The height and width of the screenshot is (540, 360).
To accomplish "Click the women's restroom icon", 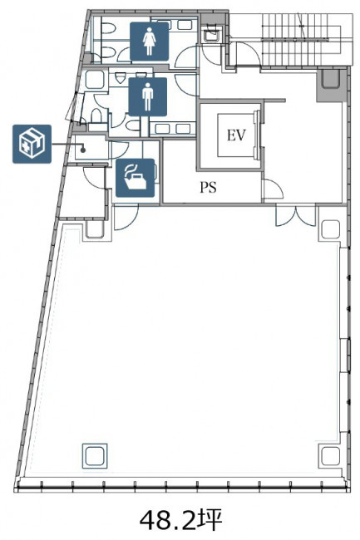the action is [149, 42].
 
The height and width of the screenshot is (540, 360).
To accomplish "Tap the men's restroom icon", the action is [147, 96].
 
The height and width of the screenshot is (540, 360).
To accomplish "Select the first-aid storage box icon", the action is [32, 144].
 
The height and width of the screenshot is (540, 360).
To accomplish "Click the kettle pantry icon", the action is [135, 178].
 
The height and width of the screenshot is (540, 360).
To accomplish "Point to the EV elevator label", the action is [236, 135].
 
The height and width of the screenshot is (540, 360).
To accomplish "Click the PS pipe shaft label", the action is [209, 188].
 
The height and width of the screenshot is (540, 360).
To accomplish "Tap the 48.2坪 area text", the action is [181, 520].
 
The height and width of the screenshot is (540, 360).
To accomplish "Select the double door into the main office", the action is [296, 216].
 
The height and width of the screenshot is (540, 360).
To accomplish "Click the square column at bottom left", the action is [95, 456].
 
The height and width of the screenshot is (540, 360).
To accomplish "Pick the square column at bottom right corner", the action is [331, 455].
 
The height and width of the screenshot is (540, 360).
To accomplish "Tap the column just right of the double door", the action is [331, 230].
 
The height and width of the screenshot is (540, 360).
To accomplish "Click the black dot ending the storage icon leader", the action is [82, 150].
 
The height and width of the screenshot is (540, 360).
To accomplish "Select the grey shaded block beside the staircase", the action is [331, 85].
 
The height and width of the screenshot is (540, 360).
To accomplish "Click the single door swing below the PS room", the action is [126, 217].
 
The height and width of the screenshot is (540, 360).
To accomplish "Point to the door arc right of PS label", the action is [274, 189].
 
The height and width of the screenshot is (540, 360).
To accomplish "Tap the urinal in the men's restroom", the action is [120, 78].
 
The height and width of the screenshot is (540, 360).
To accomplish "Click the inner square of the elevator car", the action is [236, 135].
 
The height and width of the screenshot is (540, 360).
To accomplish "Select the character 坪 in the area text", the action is [210, 520].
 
